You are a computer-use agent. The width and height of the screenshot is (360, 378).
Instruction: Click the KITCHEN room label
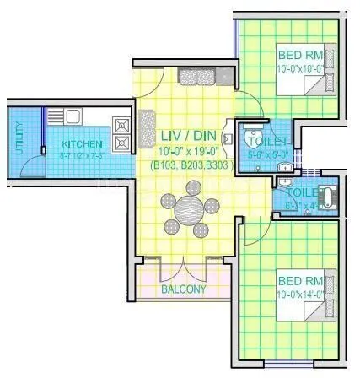(82, 143)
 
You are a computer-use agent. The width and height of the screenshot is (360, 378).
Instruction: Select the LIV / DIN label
(189, 135)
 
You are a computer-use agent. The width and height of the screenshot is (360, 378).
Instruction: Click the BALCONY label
(183, 289)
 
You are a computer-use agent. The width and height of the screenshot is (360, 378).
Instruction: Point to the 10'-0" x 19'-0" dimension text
(189, 151)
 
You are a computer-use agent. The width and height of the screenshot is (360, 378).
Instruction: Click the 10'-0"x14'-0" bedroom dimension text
(299, 292)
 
